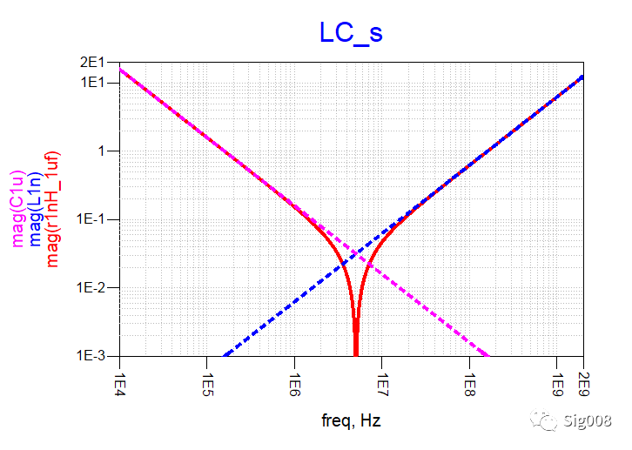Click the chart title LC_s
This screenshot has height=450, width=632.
click(351, 32)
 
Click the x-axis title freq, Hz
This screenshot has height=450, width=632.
click(351, 421)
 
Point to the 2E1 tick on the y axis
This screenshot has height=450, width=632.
click(92, 62)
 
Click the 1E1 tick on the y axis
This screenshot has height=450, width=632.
click(92, 82)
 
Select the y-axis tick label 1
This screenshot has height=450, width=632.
click(101, 151)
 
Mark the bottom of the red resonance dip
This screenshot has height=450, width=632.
click(356, 353)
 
